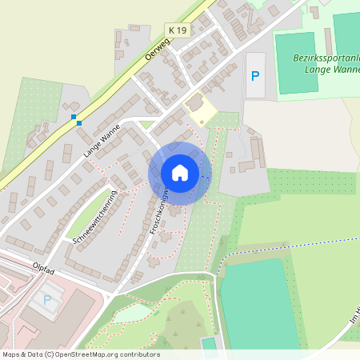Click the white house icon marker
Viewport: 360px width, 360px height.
(x=179, y=172)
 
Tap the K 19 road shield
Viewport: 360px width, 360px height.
(x=177, y=30)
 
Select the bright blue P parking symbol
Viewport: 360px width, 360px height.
(x=255, y=76)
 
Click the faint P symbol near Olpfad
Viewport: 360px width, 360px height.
(x=46, y=300)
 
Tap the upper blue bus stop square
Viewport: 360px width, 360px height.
(x=74, y=118)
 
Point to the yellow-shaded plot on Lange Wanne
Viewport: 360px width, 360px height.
(x=197, y=110)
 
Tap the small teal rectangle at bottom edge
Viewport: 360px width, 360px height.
(x=209, y=346)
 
